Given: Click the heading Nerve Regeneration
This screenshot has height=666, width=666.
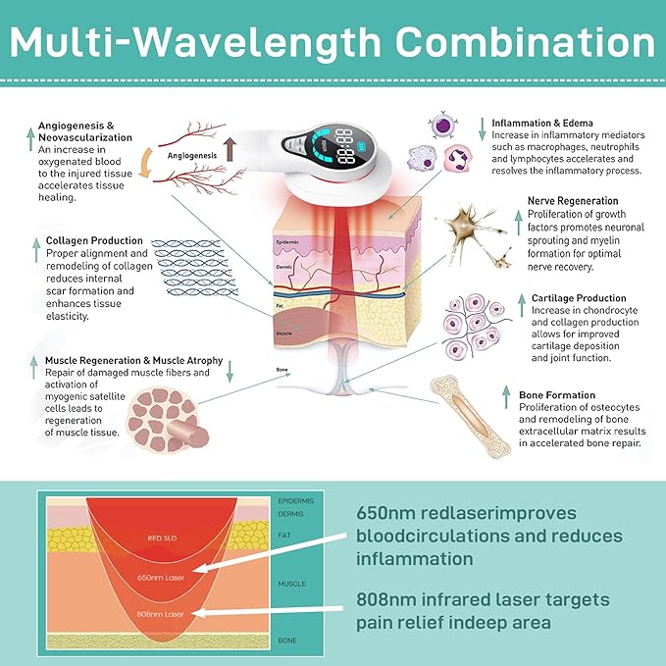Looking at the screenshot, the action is click(x=573, y=201).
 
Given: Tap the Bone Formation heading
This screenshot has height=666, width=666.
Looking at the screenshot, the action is click(x=557, y=395).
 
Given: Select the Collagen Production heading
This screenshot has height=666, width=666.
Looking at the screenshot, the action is click(x=94, y=240).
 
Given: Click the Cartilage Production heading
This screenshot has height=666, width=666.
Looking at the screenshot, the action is click(x=579, y=298).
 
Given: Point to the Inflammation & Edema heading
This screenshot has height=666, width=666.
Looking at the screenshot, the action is click(x=542, y=123).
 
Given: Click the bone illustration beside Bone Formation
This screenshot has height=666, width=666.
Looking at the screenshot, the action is click(x=470, y=416).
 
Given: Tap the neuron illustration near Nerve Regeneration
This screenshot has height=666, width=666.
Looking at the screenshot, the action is click(x=473, y=234).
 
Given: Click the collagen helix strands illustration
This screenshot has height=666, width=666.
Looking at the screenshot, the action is click(x=194, y=268).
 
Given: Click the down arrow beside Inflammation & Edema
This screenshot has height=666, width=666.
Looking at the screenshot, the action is click(x=482, y=129).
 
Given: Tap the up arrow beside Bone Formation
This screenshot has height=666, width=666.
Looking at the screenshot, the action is click(x=506, y=397).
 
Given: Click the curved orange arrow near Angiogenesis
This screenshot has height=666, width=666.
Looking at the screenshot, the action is click(x=146, y=163).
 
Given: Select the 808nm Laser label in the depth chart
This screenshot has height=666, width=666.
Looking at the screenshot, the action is click(x=160, y=614).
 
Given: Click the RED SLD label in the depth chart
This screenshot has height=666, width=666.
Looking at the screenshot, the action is click(x=162, y=538).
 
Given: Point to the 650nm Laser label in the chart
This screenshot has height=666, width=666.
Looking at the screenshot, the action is click(x=161, y=578).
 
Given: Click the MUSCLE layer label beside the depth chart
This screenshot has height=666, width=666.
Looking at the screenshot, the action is click(x=291, y=584).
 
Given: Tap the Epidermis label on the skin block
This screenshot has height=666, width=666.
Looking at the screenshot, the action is click(x=287, y=242).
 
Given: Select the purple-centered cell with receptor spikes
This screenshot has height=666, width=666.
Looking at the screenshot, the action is click(x=442, y=125).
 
